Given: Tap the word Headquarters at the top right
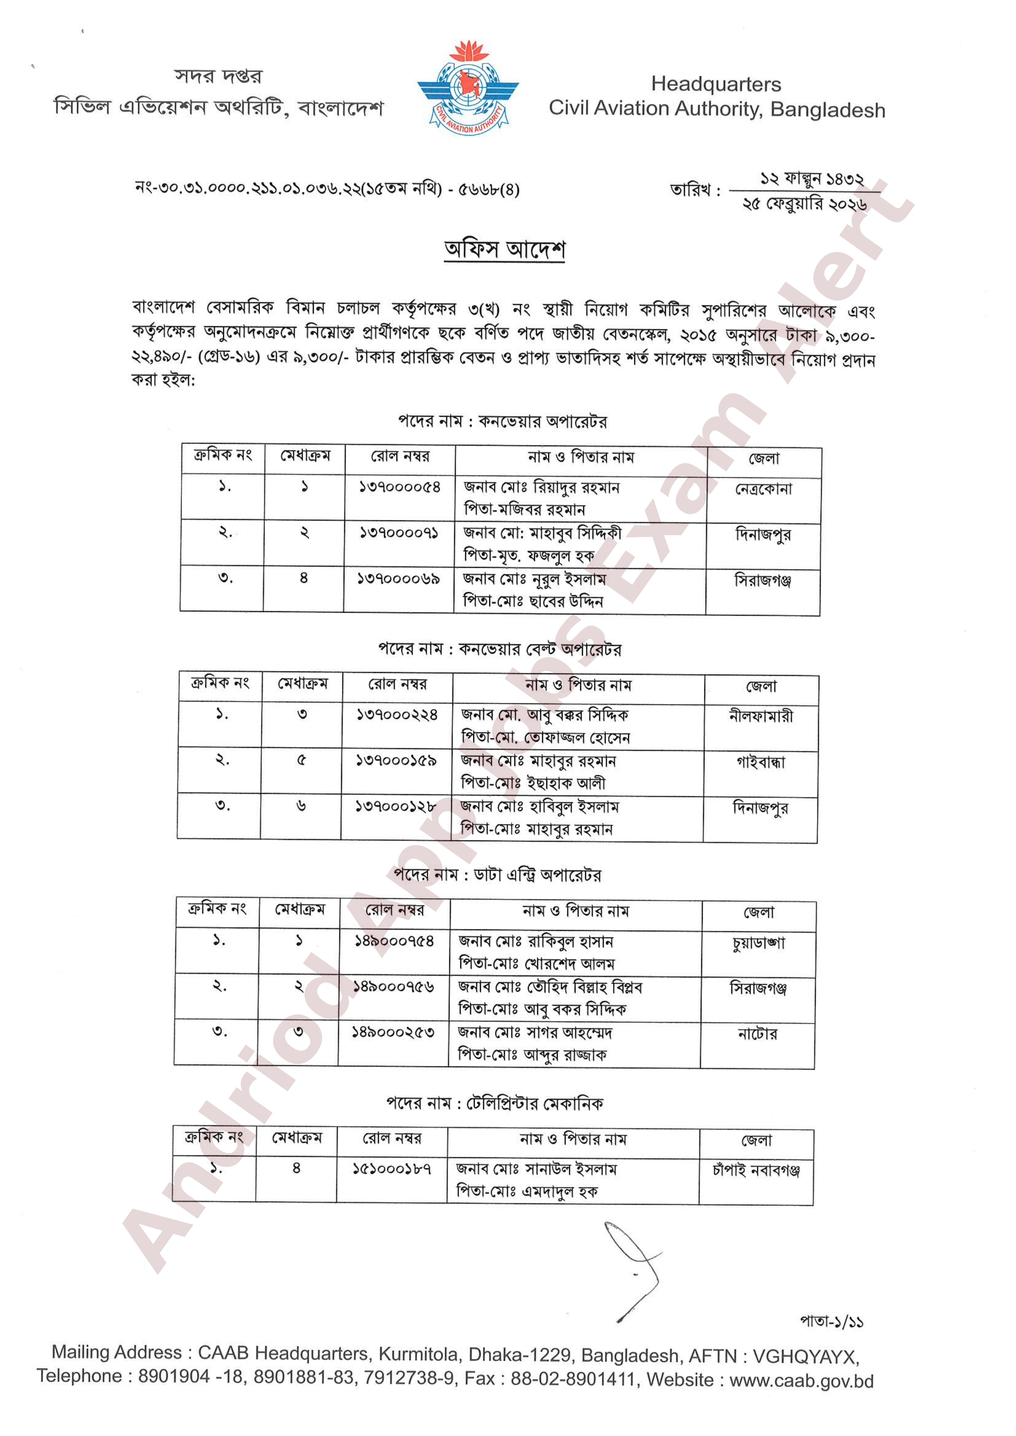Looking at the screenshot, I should [716, 84].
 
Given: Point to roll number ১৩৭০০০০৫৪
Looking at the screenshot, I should [399, 487].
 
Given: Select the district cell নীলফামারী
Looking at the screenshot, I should [761, 716].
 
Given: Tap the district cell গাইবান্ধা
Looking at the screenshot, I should [760, 762].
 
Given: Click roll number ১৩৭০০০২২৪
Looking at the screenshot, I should [397, 714].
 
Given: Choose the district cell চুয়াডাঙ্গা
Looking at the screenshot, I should [758, 943].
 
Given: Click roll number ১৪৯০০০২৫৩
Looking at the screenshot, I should [393, 1032].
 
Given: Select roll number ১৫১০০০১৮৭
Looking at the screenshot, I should [391, 1168].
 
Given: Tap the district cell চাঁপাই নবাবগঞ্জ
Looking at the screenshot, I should [756, 1170].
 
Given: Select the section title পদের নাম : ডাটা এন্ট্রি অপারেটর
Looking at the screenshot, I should [498, 874].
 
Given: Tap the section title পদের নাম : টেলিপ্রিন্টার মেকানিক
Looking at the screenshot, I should [494, 1103].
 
